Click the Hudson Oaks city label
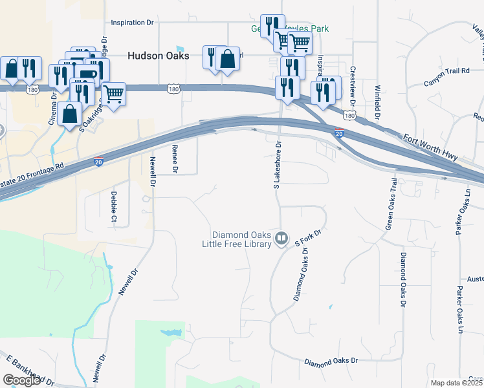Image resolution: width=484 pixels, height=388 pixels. click(159, 56)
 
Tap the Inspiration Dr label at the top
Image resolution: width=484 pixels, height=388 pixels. click(132, 23)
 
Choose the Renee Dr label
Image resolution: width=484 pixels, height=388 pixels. click(175, 158)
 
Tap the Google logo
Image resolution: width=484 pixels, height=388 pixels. click(21, 380)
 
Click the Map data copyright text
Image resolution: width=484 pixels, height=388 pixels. click(457, 383)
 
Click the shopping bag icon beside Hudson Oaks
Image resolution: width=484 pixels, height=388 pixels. click(227, 59)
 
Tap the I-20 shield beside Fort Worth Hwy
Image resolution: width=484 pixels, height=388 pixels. click(339, 133)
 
